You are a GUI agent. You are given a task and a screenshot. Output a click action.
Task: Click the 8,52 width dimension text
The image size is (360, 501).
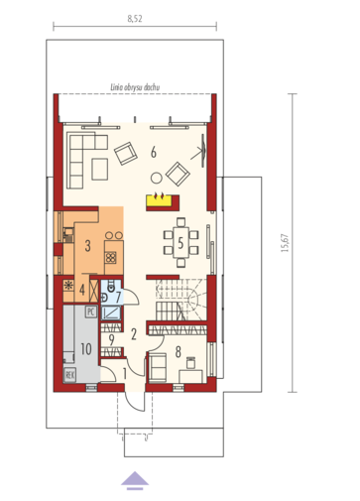click(x=135, y=19)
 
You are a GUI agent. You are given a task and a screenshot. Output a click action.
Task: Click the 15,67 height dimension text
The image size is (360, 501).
click(x=285, y=243)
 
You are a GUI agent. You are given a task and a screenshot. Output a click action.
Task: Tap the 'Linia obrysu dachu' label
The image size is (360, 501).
click(x=135, y=87)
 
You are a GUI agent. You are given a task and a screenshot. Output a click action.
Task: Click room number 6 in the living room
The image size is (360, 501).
click(x=154, y=153)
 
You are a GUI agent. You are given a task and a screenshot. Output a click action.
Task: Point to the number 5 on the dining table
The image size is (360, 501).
click(x=180, y=243)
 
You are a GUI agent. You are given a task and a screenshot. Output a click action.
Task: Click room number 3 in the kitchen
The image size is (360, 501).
click(x=87, y=246)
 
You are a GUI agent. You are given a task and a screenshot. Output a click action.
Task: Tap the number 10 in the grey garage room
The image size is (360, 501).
click(x=86, y=349)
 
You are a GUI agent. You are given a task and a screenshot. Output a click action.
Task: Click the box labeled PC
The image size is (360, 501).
click(x=91, y=312)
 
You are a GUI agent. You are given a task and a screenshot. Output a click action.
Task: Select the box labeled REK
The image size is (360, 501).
click(x=70, y=375)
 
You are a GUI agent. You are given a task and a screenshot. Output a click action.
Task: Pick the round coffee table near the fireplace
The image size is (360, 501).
click(x=156, y=178)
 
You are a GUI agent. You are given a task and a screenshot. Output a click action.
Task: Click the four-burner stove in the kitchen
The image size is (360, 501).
click(x=111, y=257)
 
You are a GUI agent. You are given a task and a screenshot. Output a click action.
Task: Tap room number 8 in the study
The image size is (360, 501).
click(x=179, y=352)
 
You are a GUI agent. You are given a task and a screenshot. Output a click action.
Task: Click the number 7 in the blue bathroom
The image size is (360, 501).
click(x=118, y=294)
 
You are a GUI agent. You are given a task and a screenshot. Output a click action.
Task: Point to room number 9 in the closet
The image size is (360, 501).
click(x=111, y=340)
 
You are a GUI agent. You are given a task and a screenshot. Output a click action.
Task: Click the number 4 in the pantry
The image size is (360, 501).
click(x=82, y=290)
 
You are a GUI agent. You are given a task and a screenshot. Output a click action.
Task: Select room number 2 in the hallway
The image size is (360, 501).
click(x=134, y=334)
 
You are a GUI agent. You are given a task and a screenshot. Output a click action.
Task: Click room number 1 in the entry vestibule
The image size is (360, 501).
click(x=125, y=374)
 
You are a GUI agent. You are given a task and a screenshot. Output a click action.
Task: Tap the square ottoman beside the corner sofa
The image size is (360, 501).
click(x=100, y=169)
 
